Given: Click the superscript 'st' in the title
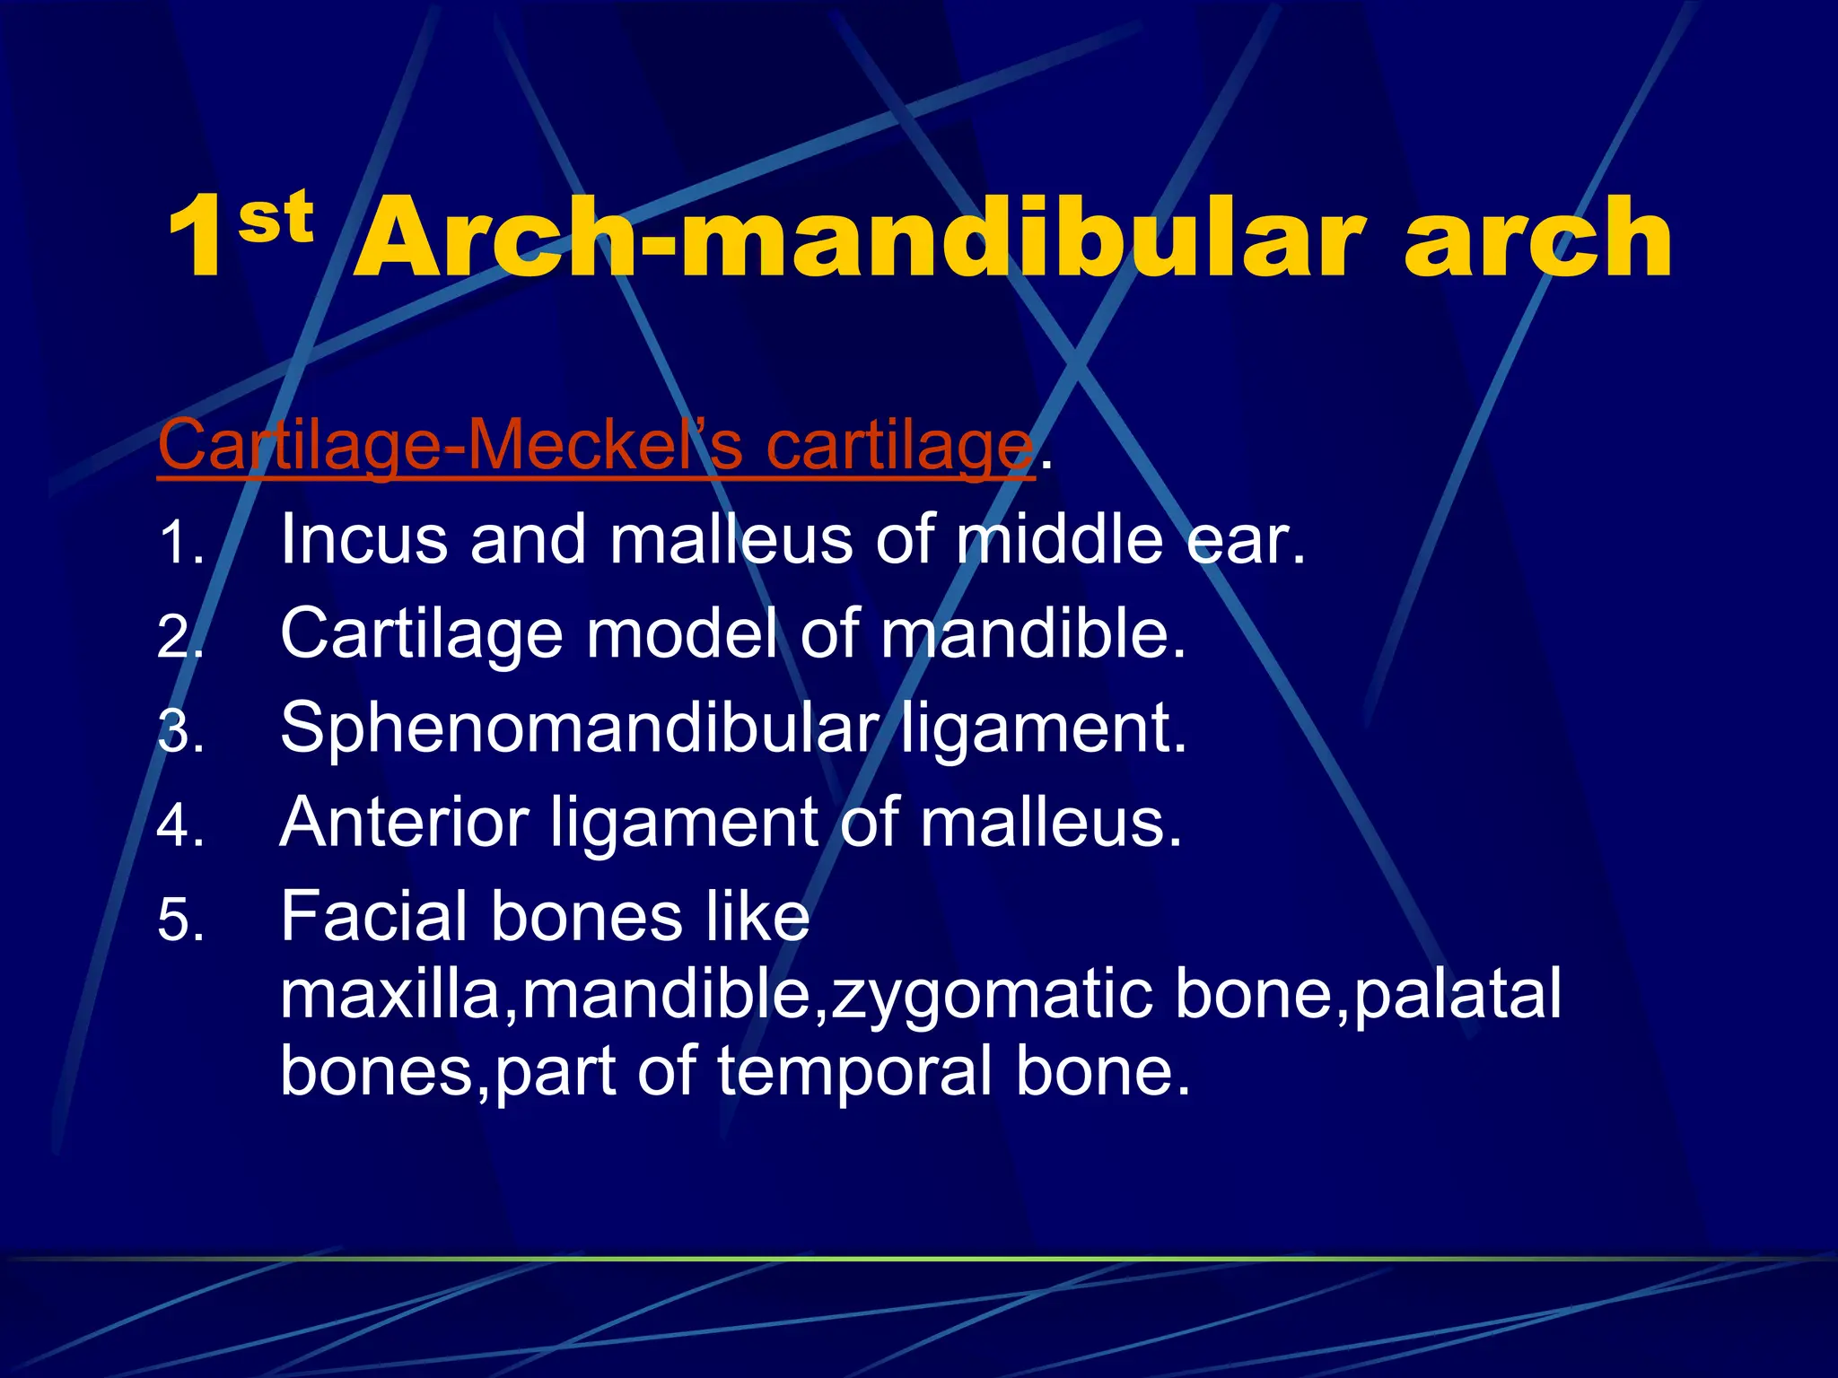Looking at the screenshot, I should (x=276, y=217).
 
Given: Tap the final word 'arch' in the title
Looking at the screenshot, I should (x=1536, y=238).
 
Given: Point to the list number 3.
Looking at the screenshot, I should (x=179, y=732).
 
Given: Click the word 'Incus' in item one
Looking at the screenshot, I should (x=363, y=540).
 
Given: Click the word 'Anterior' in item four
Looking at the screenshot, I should (x=404, y=822).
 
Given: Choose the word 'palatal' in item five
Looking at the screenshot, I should (x=1457, y=994).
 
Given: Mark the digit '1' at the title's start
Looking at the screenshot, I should (x=196, y=238).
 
